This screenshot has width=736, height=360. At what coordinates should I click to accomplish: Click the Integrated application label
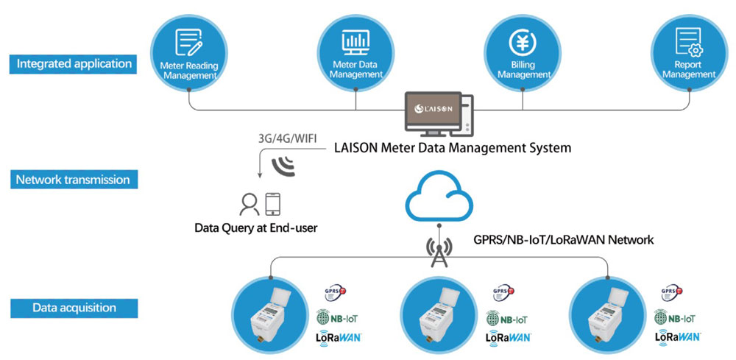74,63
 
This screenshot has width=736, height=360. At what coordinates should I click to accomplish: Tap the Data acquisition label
74,308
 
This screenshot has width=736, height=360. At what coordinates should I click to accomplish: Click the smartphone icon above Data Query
273,202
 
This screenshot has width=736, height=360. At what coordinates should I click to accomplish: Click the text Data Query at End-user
256,228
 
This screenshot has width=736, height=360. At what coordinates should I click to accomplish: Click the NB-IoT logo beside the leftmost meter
339,319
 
